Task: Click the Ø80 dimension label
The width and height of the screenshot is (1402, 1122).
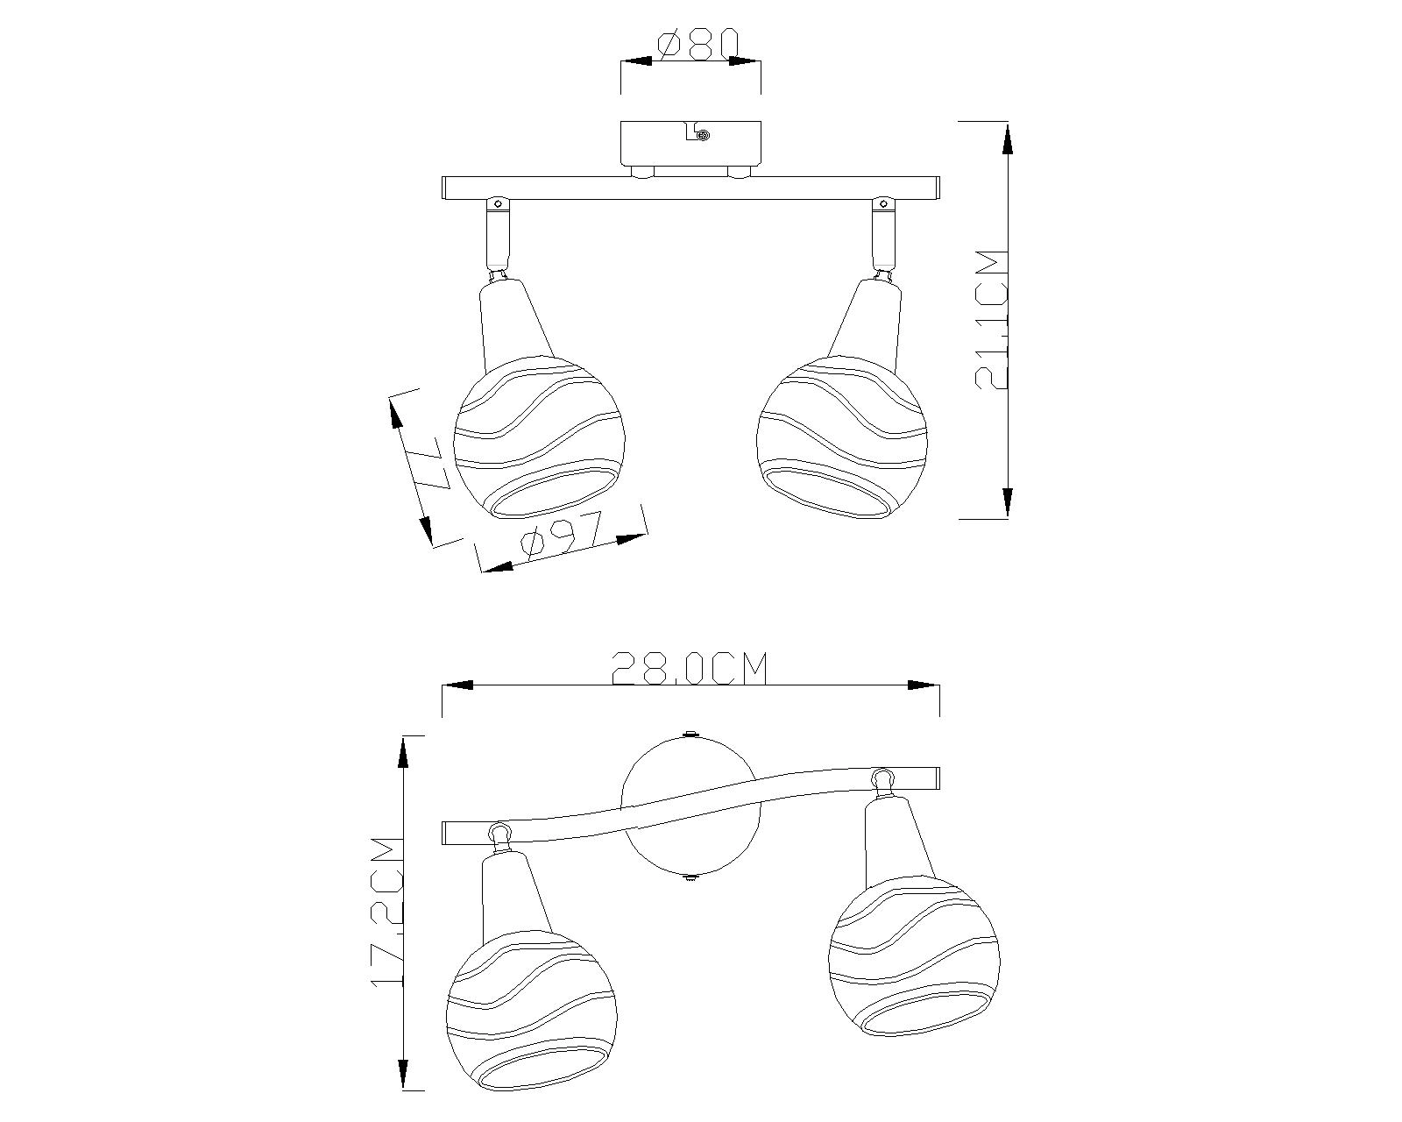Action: (697, 45)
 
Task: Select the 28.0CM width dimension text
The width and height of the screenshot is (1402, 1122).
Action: (690, 668)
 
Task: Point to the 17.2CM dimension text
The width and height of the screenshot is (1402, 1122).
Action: (387, 921)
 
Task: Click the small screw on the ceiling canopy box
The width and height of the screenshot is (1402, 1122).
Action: (703, 136)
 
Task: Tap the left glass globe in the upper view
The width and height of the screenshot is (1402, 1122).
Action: (539, 437)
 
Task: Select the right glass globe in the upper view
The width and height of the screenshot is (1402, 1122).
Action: (842, 437)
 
